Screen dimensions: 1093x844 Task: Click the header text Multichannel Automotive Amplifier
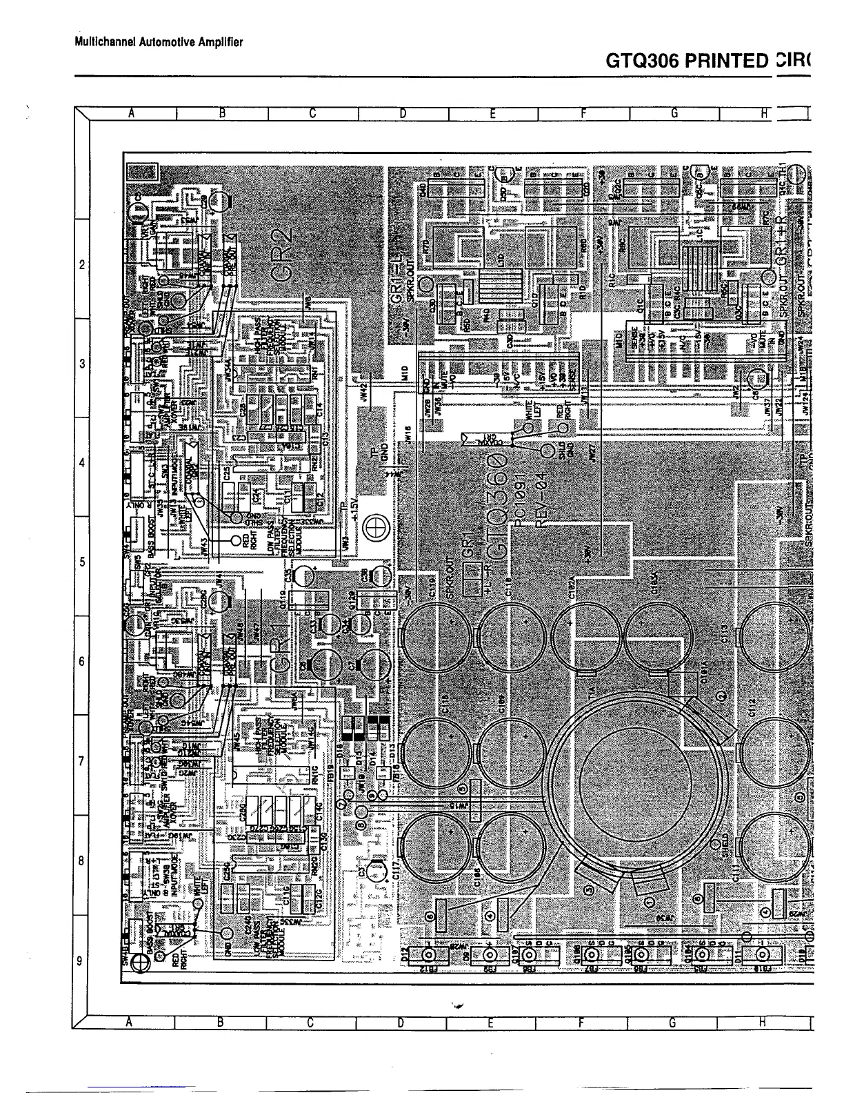[159, 42]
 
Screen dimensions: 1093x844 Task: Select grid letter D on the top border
[401, 115]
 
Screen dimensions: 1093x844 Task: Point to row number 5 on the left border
[82, 562]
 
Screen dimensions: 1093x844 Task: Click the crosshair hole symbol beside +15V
[378, 529]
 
